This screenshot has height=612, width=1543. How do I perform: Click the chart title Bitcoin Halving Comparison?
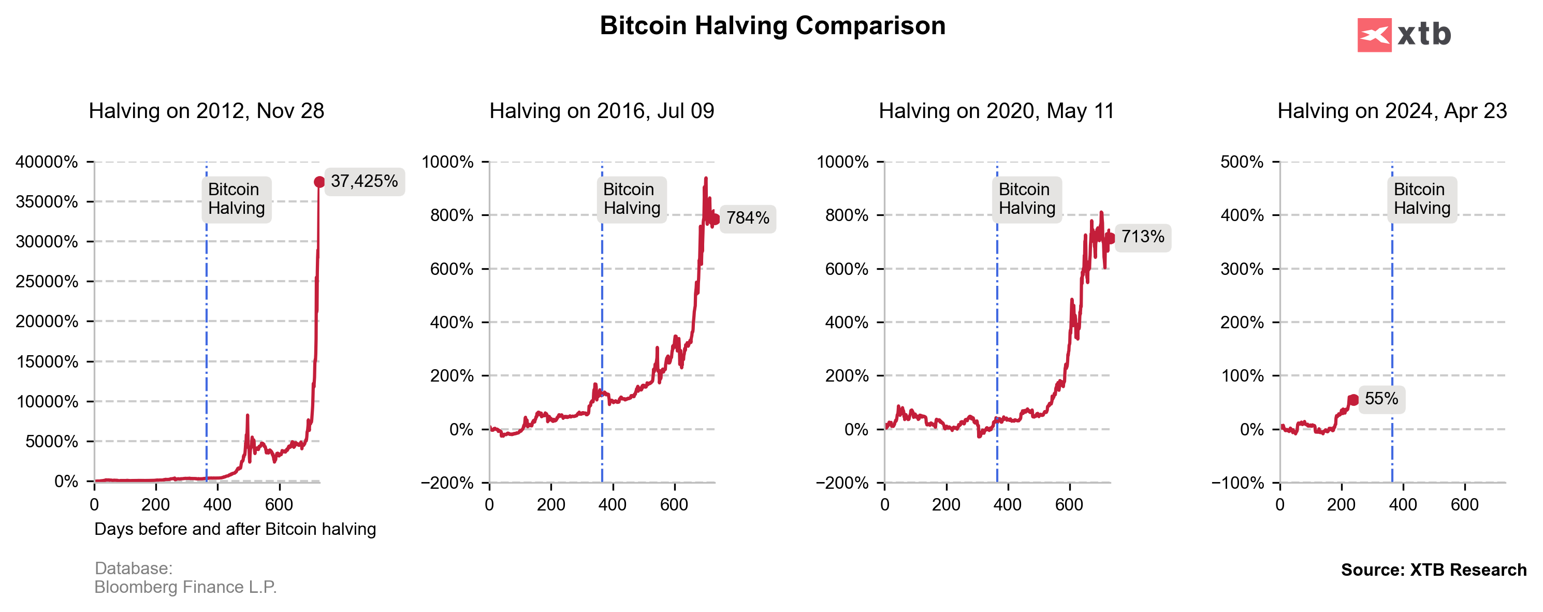772,26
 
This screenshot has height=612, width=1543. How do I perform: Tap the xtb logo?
1403,35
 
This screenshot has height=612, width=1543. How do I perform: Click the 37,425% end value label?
364,181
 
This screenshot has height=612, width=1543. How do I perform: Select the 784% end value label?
748,218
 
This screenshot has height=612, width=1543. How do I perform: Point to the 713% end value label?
1142,237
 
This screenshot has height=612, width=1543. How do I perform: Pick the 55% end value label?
1380,399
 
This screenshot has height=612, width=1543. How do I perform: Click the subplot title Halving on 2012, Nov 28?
206,111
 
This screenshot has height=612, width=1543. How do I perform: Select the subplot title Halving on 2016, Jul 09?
601,111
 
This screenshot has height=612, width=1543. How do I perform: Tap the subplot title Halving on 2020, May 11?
996,111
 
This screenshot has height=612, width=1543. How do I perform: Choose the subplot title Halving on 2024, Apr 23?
1391,111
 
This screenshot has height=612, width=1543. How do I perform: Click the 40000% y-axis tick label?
47,162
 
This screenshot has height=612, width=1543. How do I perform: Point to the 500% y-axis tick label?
1241,162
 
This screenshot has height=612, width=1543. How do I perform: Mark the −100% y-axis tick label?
1237,483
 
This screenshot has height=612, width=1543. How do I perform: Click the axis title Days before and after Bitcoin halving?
235,529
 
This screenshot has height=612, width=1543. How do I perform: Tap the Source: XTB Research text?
1433,570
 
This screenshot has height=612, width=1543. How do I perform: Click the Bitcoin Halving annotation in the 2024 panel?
1421,199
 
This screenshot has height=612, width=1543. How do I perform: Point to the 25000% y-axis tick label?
47,282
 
